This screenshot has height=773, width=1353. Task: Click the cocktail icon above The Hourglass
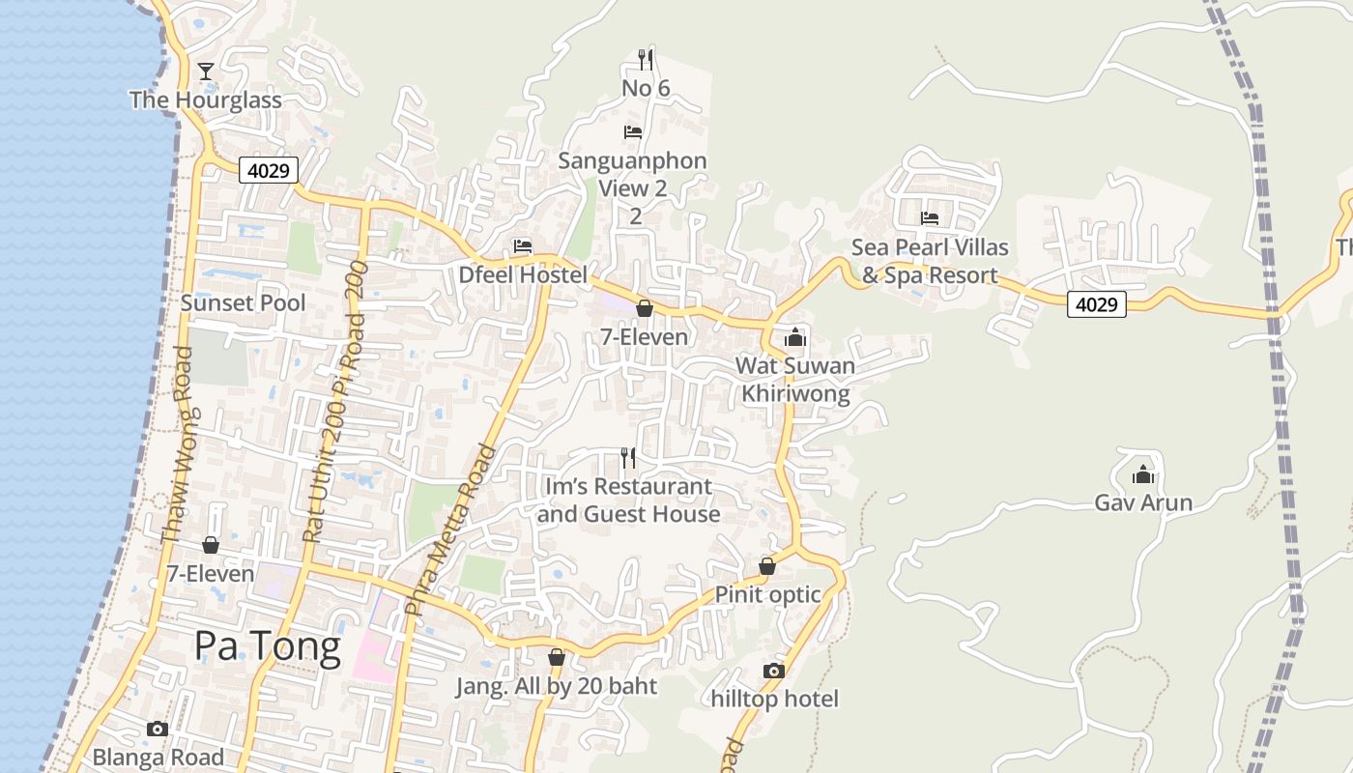(x=206, y=71)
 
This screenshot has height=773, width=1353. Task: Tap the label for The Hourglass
(x=206, y=100)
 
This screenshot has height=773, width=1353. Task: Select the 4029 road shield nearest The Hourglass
(x=269, y=171)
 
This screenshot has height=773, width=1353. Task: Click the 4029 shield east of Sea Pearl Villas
(x=1097, y=304)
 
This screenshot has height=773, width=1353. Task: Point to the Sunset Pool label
(x=243, y=302)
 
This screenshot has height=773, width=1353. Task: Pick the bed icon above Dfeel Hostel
(x=523, y=246)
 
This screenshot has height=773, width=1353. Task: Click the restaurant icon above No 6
(x=646, y=60)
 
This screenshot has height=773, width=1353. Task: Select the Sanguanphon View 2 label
(x=633, y=174)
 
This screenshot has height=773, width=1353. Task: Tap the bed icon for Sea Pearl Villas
(x=930, y=218)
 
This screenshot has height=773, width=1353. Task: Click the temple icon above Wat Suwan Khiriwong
(x=795, y=336)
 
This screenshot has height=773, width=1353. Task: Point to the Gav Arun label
(x=1143, y=502)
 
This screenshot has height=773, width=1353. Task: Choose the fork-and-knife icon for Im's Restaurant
(x=628, y=457)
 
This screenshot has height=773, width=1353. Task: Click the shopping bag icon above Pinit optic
(x=767, y=566)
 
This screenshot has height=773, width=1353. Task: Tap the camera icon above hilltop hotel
(x=774, y=671)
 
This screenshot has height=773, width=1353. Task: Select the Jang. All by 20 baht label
(x=557, y=686)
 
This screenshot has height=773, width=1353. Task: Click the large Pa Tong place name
(x=268, y=645)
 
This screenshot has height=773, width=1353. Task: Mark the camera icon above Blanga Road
(x=158, y=729)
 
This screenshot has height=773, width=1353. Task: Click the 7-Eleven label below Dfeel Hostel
(x=645, y=337)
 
